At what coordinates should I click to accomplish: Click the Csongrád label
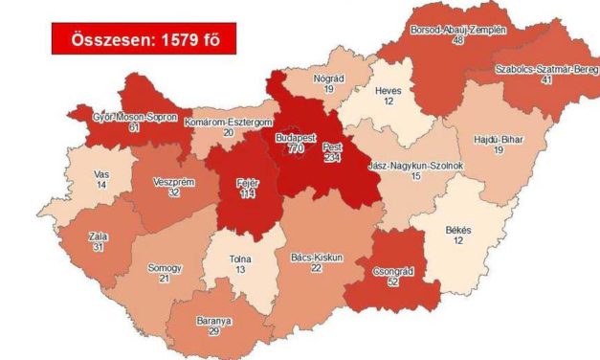pos(391,271)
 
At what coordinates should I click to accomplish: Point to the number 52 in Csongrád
pos(391,284)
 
